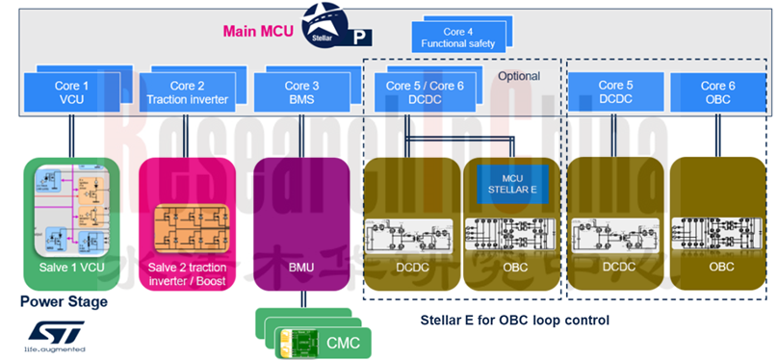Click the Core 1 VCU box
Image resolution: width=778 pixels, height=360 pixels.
[x=72, y=91]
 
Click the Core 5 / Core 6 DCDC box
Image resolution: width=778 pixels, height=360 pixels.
[x=425, y=91]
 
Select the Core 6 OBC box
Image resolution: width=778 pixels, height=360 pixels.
[x=717, y=91]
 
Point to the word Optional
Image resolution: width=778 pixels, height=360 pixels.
[x=518, y=76]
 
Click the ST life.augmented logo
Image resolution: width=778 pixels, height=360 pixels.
[x=55, y=336]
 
